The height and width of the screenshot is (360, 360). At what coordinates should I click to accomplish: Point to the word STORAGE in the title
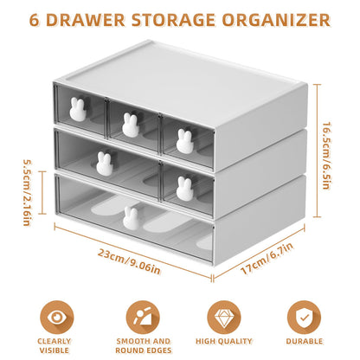coord(188,18)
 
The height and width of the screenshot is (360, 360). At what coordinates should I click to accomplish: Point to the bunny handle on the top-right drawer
coord(184,138)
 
